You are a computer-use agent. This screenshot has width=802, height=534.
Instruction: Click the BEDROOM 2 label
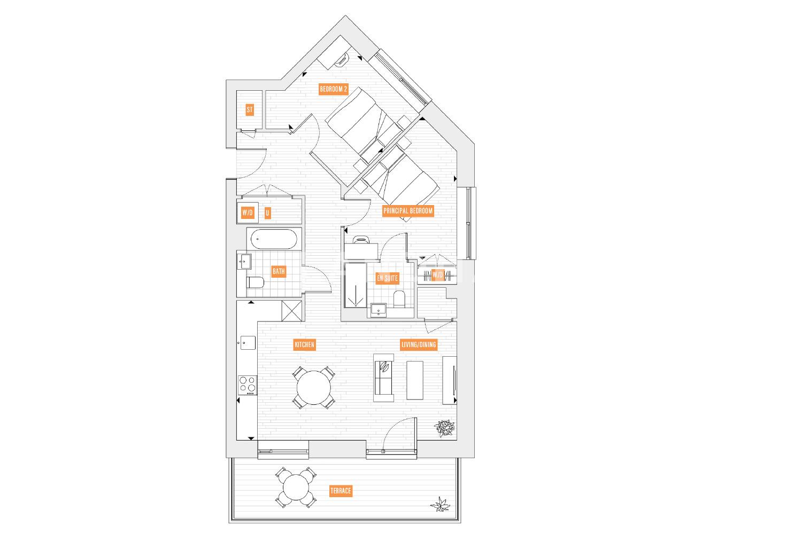[333, 89]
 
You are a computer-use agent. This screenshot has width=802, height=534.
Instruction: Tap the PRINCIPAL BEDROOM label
[408, 211]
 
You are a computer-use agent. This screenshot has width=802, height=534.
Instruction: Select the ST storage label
[250, 110]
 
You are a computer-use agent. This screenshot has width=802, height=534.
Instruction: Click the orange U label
[267, 213]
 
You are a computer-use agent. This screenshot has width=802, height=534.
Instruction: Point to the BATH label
[279, 271]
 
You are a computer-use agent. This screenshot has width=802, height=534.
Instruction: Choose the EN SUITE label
[388, 278]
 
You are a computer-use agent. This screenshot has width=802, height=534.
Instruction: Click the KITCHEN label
[304, 345]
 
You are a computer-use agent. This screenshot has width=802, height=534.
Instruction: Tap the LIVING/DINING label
[419, 345]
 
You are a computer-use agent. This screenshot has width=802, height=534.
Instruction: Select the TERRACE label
[341, 491]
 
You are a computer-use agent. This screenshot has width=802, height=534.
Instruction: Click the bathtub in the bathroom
[274, 239]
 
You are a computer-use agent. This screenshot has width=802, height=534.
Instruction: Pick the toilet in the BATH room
[255, 282]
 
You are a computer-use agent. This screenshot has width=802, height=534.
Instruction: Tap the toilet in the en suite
[399, 299]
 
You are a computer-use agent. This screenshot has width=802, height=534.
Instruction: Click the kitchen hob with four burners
[248, 385]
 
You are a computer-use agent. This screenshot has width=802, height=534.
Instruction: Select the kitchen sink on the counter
[248, 343]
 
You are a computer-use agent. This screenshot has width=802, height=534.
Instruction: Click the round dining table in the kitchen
[314, 388]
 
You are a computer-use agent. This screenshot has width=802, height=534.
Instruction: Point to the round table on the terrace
[296, 487]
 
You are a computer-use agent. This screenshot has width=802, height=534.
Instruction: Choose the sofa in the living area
[383, 378]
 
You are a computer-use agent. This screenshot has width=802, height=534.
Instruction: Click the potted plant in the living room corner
[445, 428]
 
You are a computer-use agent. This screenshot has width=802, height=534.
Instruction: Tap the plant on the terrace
[440, 505]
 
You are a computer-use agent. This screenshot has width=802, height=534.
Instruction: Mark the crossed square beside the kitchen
[292, 310]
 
